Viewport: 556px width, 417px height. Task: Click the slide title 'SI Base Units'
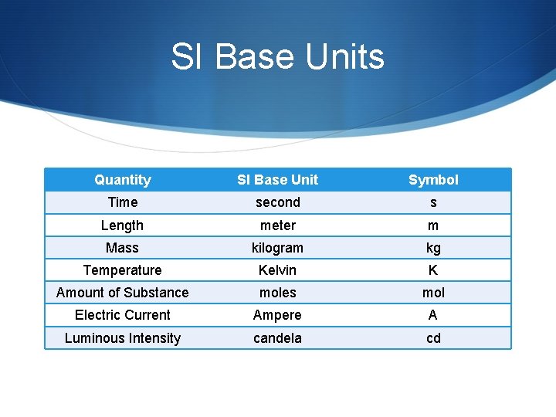click(x=277, y=57)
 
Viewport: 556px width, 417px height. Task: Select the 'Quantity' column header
click(x=123, y=180)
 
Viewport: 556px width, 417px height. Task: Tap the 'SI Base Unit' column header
click(x=277, y=180)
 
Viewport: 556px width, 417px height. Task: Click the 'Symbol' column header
click(x=433, y=180)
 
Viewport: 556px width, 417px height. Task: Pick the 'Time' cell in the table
click(x=123, y=202)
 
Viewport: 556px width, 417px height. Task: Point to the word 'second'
click(x=277, y=202)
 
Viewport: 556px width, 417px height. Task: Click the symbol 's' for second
click(x=433, y=203)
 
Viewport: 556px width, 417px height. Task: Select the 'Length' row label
click(x=123, y=225)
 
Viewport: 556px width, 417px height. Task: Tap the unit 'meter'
click(x=277, y=225)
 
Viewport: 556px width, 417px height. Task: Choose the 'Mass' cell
click(x=123, y=248)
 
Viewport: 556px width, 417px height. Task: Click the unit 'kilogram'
click(x=277, y=248)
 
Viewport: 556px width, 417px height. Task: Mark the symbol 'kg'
click(x=433, y=249)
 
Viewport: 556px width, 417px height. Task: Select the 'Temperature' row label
click(x=123, y=270)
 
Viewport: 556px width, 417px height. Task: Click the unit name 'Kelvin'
click(x=277, y=270)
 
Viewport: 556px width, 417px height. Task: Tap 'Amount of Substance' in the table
click(x=123, y=293)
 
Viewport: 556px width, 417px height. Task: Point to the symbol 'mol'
click(x=433, y=293)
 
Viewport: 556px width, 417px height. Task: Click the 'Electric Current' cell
click(x=123, y=315)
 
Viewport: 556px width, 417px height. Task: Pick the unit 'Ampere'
click(x=277, y=316)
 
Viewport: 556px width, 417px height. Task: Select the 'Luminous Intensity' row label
click(x=123, y=338)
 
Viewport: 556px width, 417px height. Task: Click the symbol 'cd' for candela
click(x=433, y=338)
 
